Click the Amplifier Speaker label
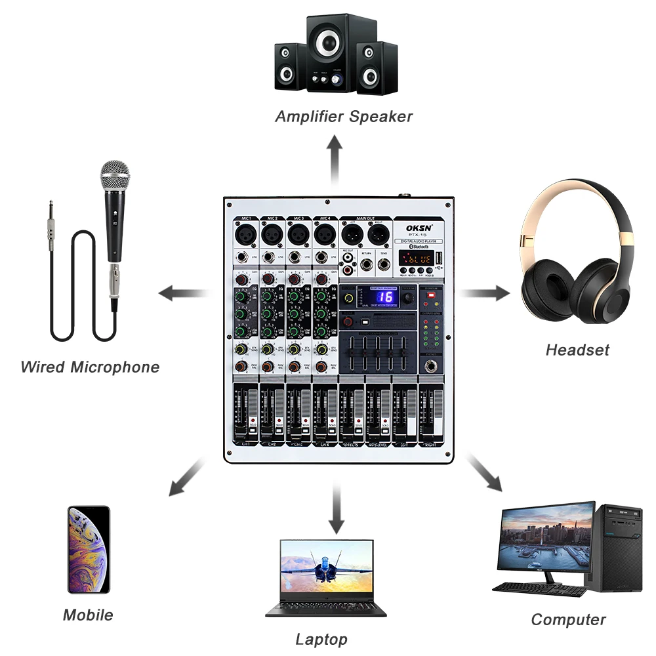tap(344, 117)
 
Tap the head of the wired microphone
tap(115, 175)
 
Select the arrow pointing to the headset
tap(483, 293)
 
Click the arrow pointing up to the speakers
tap(335, 155)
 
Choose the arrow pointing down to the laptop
tap(336, 506)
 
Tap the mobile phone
tap(88, 550)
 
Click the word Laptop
tap(321, 639)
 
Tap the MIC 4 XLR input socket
tap(324, 232)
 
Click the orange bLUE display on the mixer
tap(417, 259)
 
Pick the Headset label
tap(577, 350)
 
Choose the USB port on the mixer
tap(440, 257)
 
